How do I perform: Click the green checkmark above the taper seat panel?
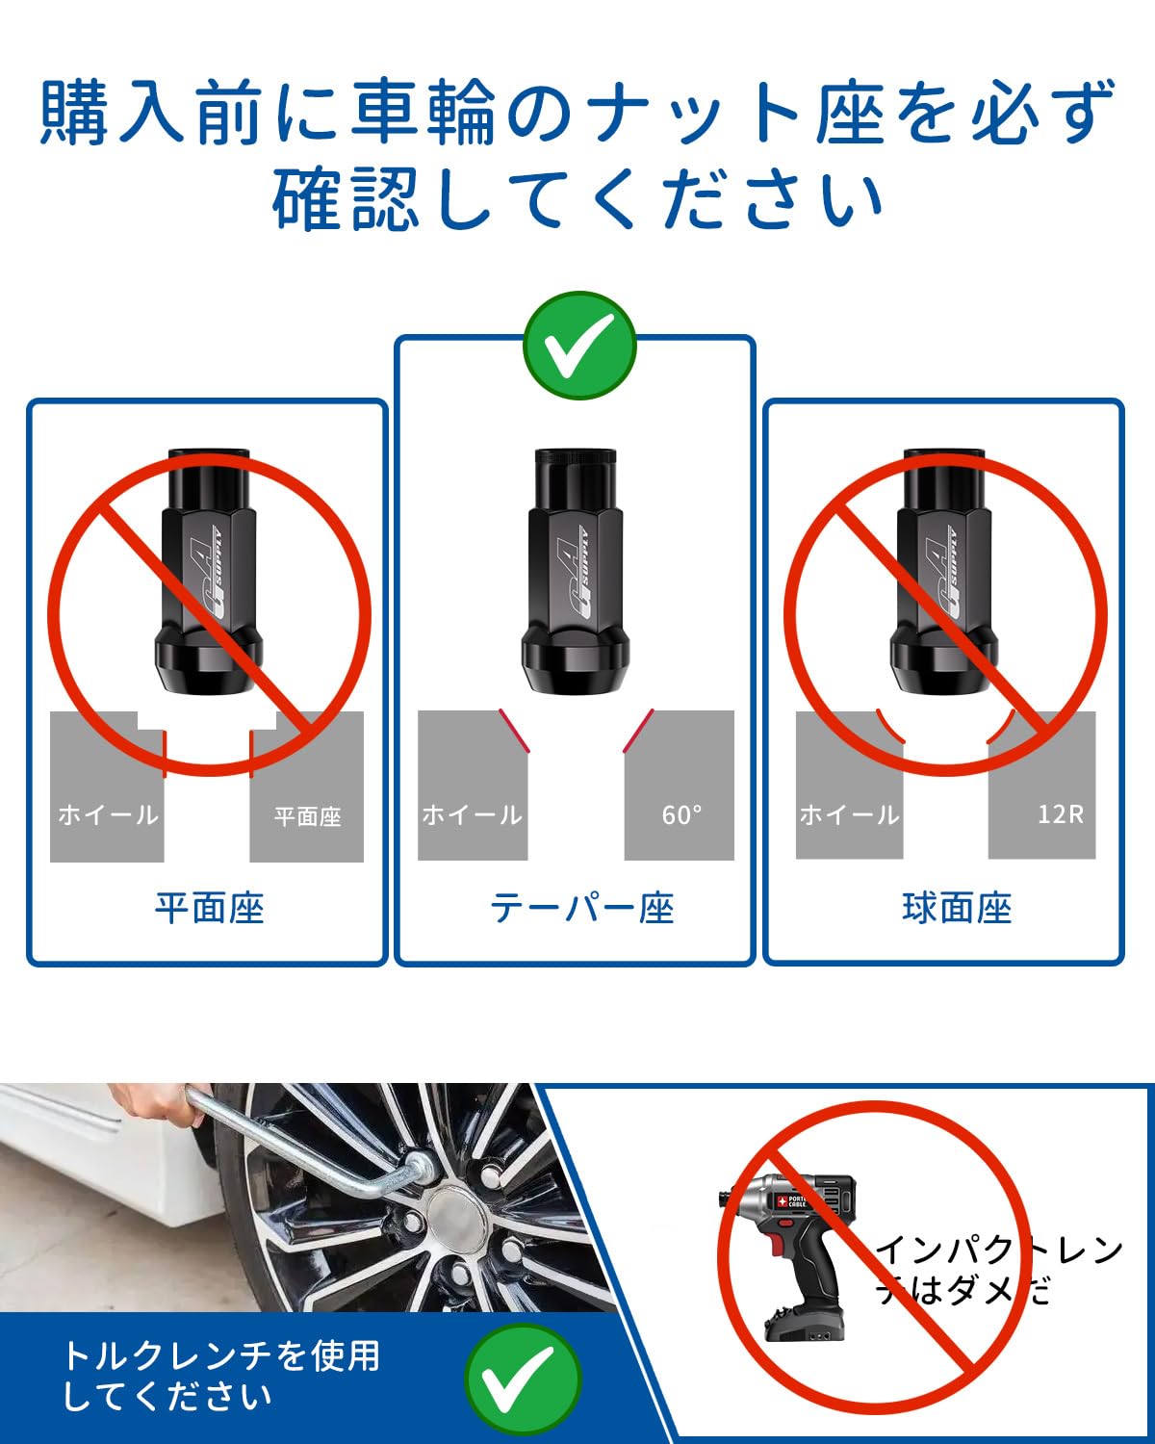[x=579, y=346]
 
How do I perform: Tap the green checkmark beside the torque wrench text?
[x=523, y=1380]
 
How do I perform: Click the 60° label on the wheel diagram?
[x=681, y=814]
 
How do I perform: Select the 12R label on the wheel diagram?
[x=1061, y=813]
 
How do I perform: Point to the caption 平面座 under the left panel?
[x=210, y=909]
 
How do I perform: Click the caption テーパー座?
[x=582, y=909]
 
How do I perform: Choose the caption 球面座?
[x=957, y=909]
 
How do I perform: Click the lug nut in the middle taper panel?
[x=576, y=571]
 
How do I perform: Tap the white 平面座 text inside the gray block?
[x=307, y=816]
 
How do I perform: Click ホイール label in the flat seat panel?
[x=108, y=814]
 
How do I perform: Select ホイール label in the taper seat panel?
[x=472, y=814]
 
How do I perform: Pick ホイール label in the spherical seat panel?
[x=849, y=814]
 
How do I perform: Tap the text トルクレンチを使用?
[x=221, y=1355]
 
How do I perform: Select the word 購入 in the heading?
[x=112, y=112]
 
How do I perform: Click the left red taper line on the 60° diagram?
[x=514, y=730]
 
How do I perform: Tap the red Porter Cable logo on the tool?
[x=781, y=1200]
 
